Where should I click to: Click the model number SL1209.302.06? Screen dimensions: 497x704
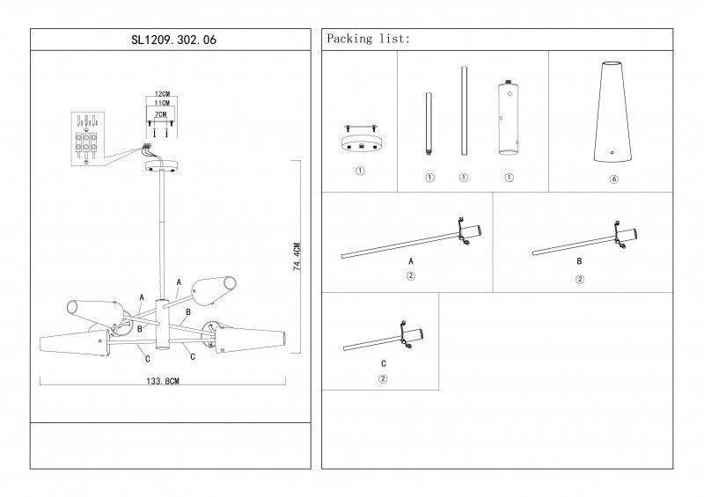(x=171, y=40)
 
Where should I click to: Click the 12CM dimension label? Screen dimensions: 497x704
(x=161, y=92)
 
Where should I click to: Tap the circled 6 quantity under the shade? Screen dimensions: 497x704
(x=612, y=178)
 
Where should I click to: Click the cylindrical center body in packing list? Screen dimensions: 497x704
(x=508, y=118)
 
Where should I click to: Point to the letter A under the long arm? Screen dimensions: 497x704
(x=410, y=262)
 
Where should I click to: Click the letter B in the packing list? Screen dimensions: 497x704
(x=578, y=262)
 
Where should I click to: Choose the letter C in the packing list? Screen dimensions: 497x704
(x=383, y=363)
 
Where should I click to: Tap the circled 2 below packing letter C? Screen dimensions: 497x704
(x=383, y=379)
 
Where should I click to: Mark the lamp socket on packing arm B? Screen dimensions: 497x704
(x=627, y=234)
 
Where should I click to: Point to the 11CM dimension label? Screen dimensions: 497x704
(x=161, y=103)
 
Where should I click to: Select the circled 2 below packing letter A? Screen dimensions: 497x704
(x=410, y=276)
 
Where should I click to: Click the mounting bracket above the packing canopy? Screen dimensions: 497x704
(x=359, y=125)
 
